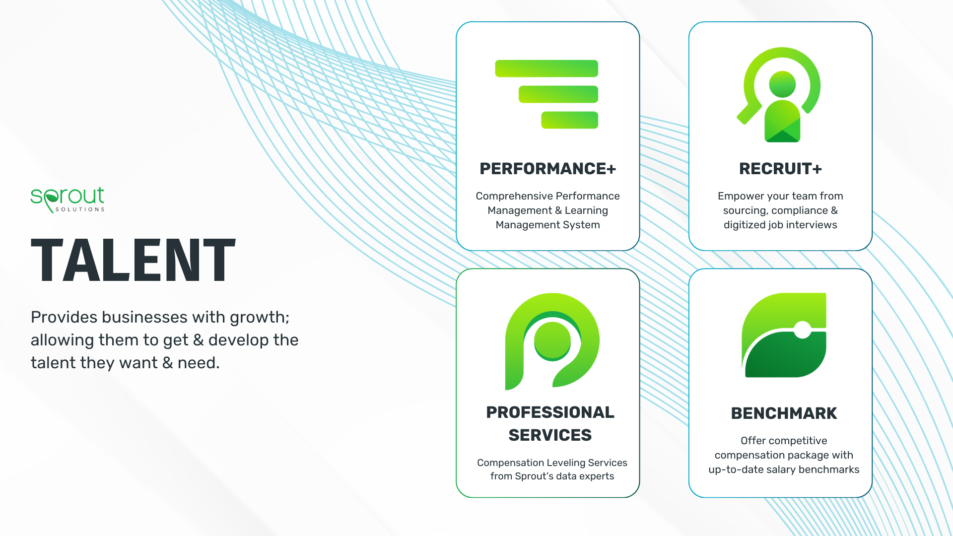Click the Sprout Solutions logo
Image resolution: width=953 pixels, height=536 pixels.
68,200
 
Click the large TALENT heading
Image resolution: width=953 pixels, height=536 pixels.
133,260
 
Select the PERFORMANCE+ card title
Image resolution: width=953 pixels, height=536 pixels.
547,169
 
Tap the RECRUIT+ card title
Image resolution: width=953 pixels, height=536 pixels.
780,169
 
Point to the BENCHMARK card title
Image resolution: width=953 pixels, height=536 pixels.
784,413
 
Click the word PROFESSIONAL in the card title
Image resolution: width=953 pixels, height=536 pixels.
550,412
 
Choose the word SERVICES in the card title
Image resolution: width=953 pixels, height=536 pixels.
550,435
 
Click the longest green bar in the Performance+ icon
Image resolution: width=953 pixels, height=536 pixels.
546,68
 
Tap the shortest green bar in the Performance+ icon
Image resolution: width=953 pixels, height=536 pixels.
569,120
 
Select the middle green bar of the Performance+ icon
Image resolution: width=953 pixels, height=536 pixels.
558,94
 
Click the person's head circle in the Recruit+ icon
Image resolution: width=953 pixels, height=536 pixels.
782,84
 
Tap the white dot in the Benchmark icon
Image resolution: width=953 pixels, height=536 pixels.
802,329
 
